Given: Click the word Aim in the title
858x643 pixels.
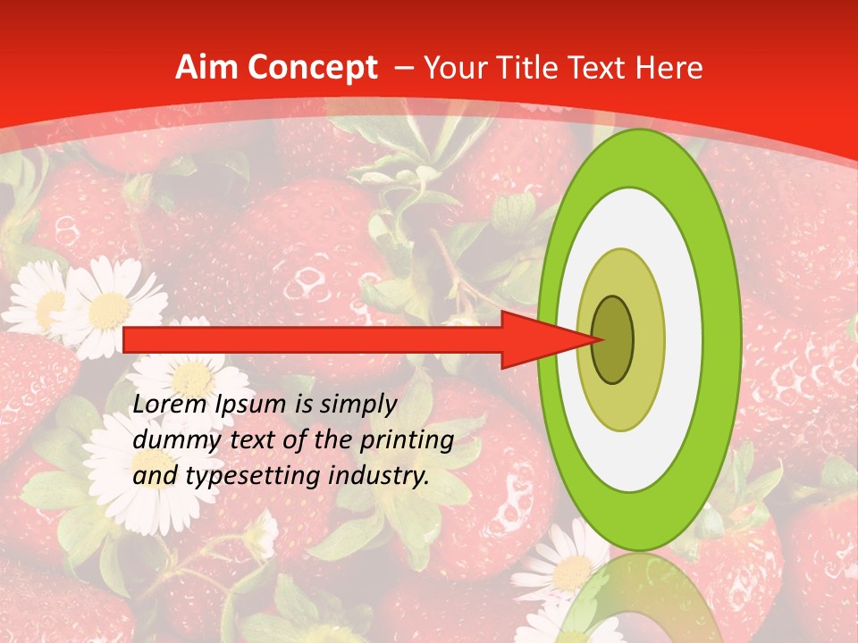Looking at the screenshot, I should point(206,68).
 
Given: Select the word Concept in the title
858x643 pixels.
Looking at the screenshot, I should point(313,68).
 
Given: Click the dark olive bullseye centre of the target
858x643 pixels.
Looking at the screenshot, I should point(614,339).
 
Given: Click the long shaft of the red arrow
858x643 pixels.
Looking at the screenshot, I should point(313,339).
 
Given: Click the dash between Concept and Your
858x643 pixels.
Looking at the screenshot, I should point(403,68).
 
